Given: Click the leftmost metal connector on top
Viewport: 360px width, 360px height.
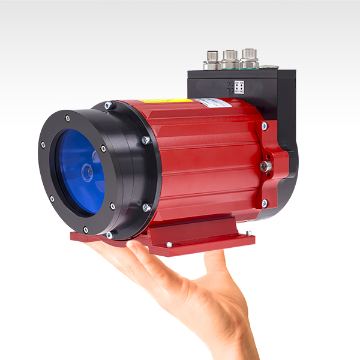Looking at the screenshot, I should [212, 61].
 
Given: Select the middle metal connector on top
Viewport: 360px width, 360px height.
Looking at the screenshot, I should [229, 59].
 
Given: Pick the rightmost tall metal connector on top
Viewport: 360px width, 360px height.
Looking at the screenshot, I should [248, 58].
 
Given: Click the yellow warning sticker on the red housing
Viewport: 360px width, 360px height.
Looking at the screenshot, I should [166, 101].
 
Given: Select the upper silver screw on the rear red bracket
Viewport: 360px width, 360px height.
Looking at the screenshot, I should [265, 126].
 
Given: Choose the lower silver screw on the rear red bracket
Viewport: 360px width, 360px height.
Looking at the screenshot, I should [265, 203].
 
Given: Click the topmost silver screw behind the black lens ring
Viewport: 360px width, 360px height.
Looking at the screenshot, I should [109, 106].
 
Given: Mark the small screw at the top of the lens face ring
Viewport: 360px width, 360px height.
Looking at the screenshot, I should [67, 118].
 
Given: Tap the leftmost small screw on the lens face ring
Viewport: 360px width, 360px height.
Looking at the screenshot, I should [43, 144].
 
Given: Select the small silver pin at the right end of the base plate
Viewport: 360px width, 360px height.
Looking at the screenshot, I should [248, 232].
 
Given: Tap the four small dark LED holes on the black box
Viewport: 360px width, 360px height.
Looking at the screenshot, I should [231, 86].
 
